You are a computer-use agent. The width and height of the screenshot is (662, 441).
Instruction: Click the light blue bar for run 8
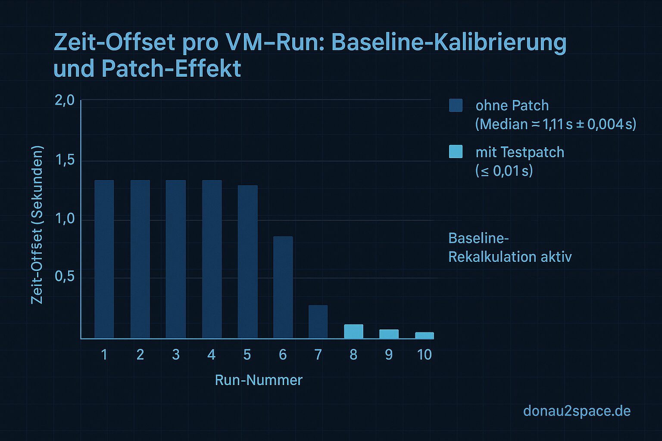point(353,331)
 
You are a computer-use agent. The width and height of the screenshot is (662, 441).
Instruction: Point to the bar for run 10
point(425,335)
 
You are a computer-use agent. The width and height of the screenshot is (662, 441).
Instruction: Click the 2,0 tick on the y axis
point(65,101)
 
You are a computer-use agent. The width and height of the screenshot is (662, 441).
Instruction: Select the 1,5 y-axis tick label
point(65,160)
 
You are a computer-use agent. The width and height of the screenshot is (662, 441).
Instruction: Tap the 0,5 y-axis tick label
point(65,276)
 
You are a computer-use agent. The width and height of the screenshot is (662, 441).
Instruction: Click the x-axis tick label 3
point(176,354)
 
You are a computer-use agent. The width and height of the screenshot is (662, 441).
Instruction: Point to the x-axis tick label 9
point(389,354)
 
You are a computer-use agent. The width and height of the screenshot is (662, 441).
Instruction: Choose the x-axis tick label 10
point(425,354)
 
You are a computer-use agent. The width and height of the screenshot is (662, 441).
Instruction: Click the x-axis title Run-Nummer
point(259,380)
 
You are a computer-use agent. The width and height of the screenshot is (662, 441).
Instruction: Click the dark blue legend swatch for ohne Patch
point(456,106)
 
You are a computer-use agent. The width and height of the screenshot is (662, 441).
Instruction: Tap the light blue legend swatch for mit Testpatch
point(456,152)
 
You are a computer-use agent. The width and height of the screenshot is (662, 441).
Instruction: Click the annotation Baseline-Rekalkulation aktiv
point(510,248)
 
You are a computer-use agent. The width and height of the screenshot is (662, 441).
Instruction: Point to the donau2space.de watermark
point(577,411)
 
